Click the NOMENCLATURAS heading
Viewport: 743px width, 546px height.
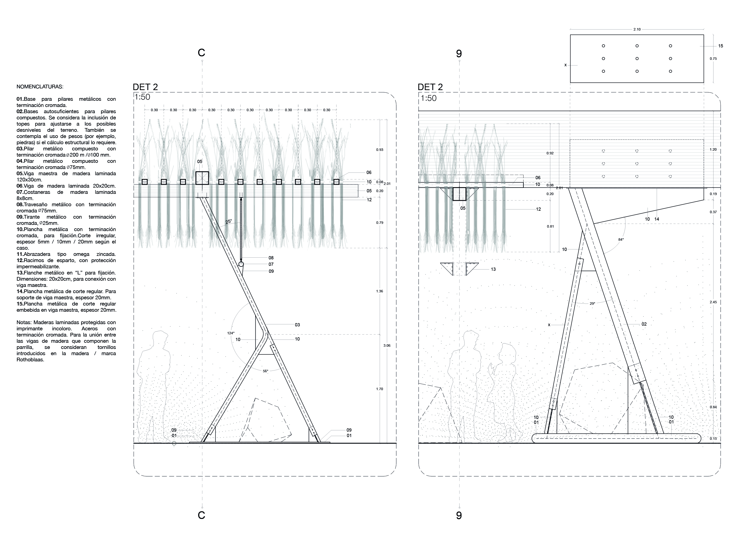point(40,87)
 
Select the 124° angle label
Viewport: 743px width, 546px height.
point(231,333)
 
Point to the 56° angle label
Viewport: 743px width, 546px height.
point(266,371)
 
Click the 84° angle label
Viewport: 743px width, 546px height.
point(621,239)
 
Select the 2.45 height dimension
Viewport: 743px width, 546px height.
point(713,302)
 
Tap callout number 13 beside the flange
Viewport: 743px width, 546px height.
point(493,269)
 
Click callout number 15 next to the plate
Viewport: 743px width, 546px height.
point(720,46)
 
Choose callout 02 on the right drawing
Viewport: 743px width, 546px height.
point(644,324)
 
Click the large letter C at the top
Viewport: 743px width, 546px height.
point(201,53)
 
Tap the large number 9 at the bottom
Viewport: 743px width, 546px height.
point(459,515)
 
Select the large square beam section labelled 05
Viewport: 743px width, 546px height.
point(202,178)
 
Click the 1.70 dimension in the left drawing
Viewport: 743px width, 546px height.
point(379,389)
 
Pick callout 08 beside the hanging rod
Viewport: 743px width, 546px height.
point(271,258)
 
